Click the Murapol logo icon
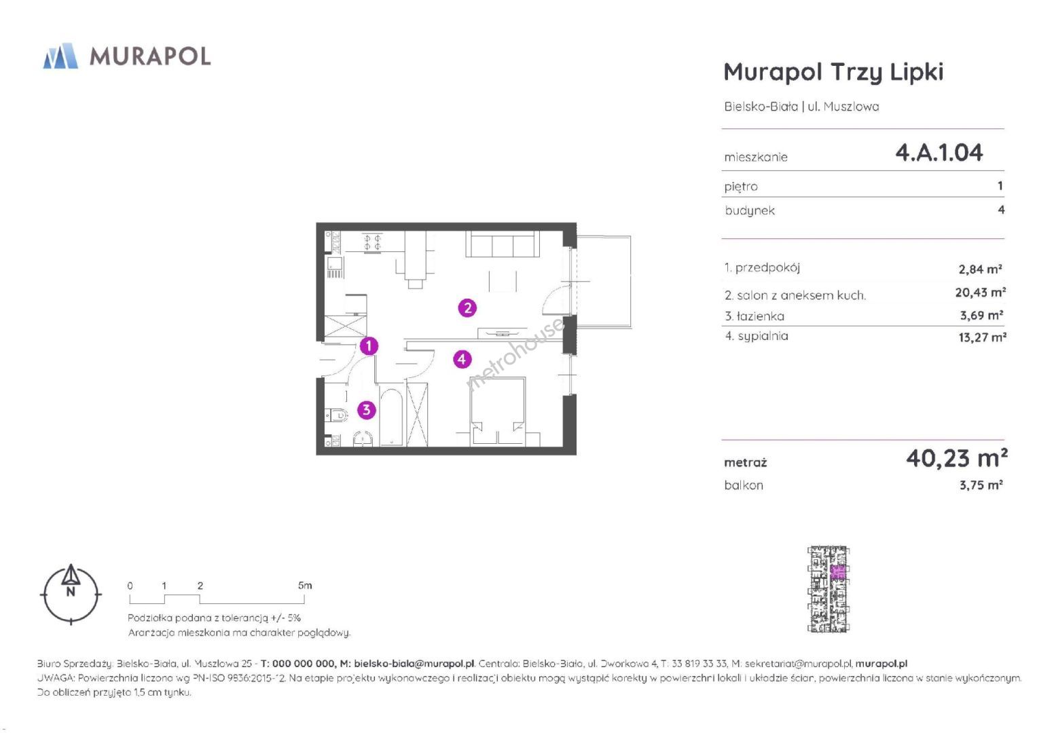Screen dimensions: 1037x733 click(60, 56)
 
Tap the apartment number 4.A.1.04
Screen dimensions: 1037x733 click(939, 152)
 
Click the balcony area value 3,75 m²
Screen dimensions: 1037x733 click(981, 485)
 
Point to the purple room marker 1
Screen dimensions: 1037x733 click(369, 345)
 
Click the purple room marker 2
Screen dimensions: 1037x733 click(467, 307)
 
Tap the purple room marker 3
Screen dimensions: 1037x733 click(366, 409)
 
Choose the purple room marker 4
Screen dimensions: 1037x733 click(462, 358)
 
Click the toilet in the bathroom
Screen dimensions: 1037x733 click(336, 415)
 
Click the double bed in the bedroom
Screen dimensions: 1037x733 click(498, 412)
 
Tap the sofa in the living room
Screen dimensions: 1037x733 click(503, 244)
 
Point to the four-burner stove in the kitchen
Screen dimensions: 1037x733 click(372, 242)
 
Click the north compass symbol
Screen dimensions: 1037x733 click(71, 595)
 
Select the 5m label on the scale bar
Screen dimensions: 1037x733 click(305, 585)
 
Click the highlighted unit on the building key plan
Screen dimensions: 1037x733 click(837, 573)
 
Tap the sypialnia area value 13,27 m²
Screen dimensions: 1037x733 click(983, 337)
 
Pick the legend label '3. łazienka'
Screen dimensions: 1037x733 click(754, 316)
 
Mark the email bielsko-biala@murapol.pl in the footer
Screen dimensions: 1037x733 click(414, 664)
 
